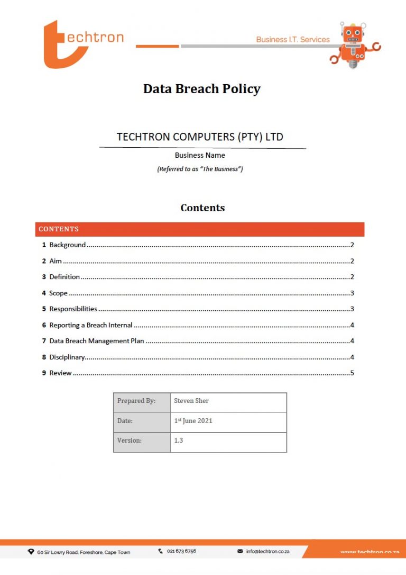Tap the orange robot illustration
pos(353,44)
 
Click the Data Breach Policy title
pos(202,88)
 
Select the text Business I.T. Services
pos(292,40)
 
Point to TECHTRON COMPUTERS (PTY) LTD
pos(200,137)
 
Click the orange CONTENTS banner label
pos(59,229)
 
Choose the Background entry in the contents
pos(67,245)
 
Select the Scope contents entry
pos(58,293)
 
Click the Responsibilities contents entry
pos(73,309)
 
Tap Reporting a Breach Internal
pos(91,325)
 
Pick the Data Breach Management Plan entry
pos(97,341)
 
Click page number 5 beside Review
pos(352,373)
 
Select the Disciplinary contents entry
pos(67,357)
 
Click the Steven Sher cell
pos(191,401)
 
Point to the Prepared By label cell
pos(136,401)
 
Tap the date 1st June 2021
pos(193,421)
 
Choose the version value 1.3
pos(179,440)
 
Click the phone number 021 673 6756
pos(181,551)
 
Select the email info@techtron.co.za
pos(267,551)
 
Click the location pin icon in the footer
pos(31,552)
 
